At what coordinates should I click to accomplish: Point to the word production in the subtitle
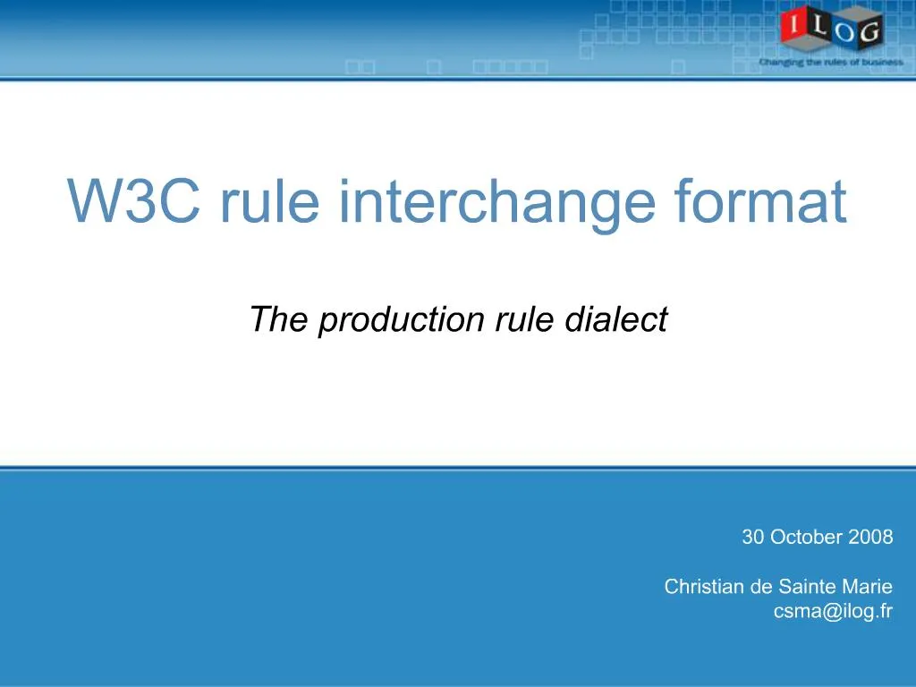401,319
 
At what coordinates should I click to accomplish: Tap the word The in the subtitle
279,319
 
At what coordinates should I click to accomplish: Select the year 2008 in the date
871,538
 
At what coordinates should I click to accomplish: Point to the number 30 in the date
752,538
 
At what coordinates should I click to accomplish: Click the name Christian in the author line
705,588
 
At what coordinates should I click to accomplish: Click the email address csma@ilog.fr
833,612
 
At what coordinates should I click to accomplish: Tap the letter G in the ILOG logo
868,33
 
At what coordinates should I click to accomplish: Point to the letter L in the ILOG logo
818,26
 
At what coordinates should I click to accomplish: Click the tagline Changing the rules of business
830,63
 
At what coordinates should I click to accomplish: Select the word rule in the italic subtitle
526,319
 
